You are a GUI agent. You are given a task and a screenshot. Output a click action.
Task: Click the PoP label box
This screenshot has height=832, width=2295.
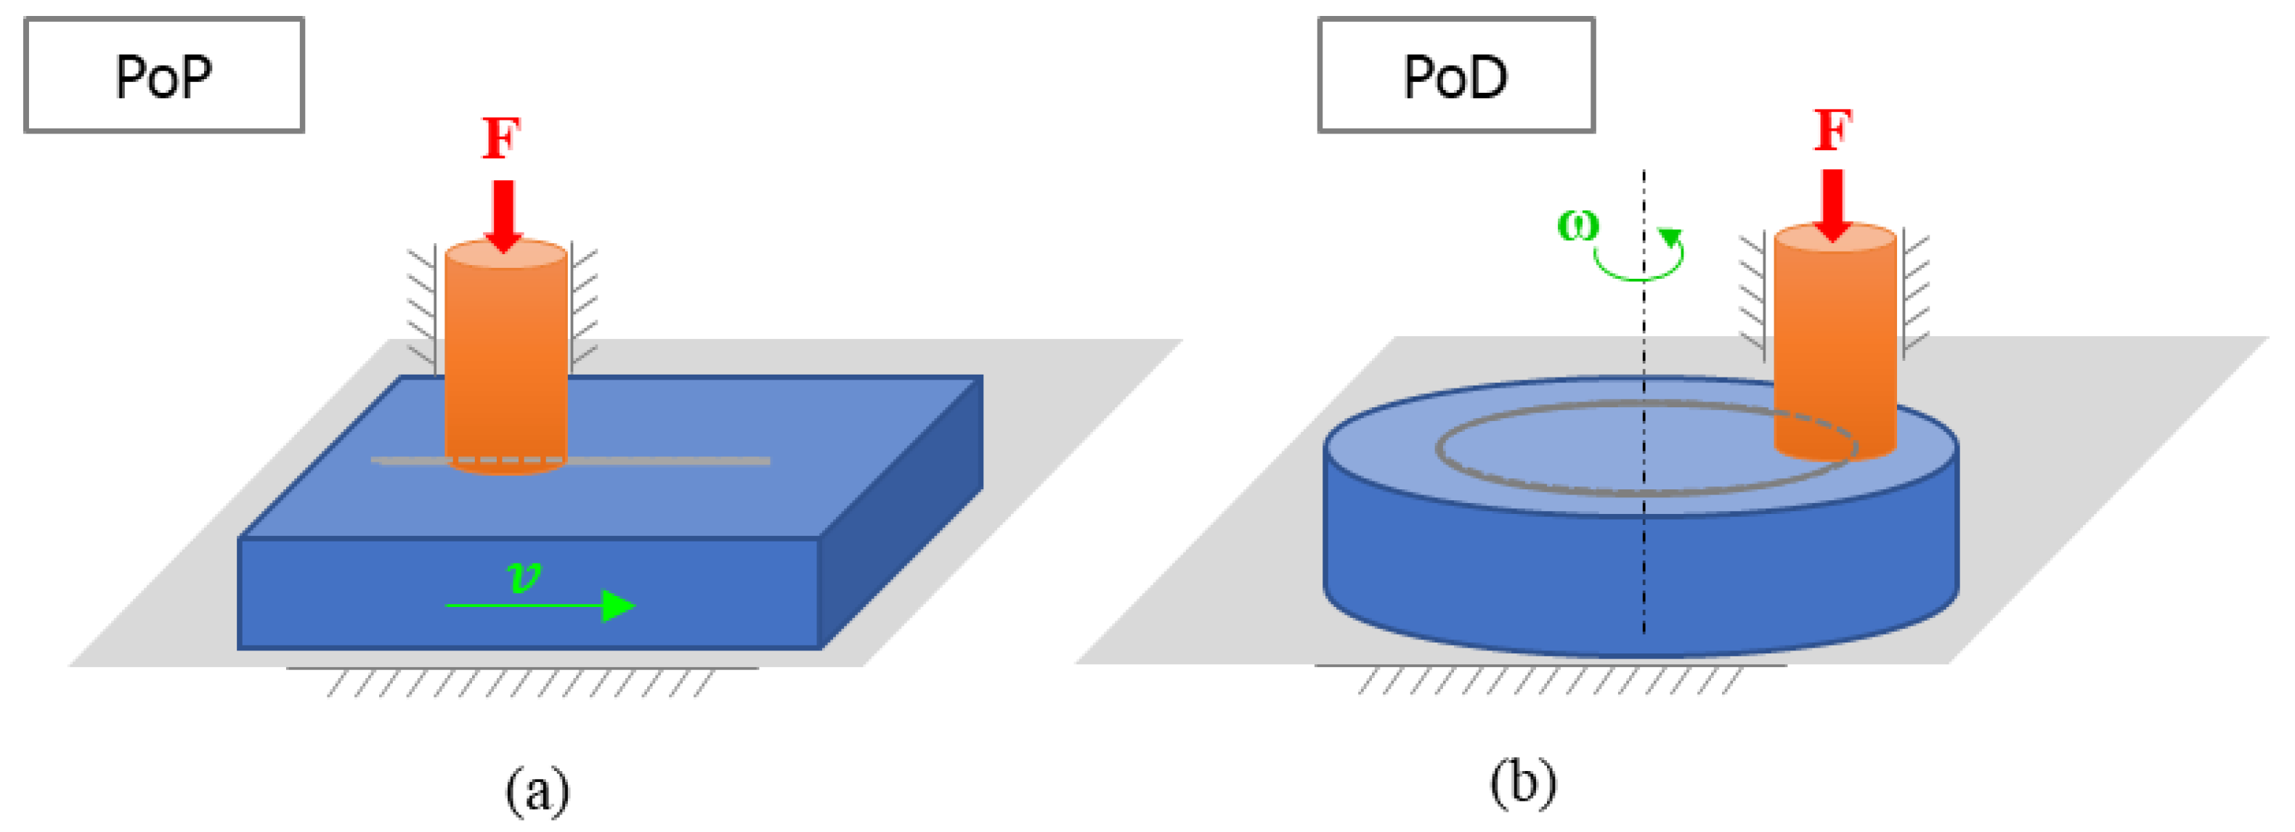[164, 75]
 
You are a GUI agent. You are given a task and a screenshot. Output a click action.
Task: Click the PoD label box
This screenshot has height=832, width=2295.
[1455, 75]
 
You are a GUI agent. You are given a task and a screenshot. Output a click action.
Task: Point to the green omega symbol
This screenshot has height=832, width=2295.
[1577, 224]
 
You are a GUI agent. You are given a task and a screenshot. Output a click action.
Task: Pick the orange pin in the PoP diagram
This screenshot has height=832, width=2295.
[505, 356]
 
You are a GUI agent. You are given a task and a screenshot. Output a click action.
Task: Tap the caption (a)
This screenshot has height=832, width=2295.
[537, 789]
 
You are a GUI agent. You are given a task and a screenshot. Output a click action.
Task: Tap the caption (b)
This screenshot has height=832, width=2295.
[1522, 782]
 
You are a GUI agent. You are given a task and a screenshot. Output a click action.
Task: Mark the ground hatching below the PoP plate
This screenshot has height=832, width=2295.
[521, 682]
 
